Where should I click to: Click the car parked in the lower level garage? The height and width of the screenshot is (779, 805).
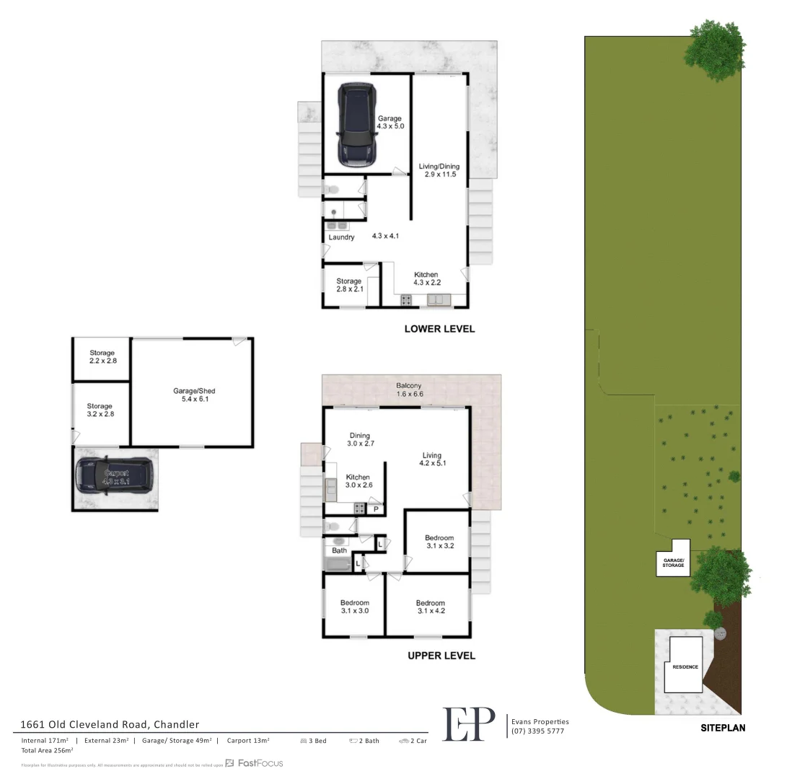pos(356,124)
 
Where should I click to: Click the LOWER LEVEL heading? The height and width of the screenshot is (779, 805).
pos(439,329)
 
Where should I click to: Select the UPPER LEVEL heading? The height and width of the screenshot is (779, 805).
pos(441,656)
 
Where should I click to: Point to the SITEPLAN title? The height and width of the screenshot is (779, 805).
pos(723,728)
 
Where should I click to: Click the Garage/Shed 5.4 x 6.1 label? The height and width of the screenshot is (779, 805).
pos(194,395)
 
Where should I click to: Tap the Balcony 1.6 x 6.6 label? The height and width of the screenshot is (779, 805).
pos(408,389)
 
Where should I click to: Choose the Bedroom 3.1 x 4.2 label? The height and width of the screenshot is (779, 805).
pos(430,607)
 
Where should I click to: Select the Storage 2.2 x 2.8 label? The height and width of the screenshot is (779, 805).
pos(101,357)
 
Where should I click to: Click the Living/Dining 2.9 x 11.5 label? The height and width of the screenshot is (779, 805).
pos(439,171)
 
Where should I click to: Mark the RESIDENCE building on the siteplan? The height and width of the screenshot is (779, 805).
pos(685,666)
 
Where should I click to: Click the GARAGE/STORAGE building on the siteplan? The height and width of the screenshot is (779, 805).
pos(673,561)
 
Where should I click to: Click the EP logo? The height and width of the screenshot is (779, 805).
pos(469,723)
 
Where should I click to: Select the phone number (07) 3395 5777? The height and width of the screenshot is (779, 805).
pos(537,731)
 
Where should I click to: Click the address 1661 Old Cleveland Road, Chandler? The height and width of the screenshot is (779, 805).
pos(110,724)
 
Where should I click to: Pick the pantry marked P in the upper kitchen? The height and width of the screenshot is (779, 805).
pos(375,509)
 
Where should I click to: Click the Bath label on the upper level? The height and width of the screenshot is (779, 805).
pos(339,550)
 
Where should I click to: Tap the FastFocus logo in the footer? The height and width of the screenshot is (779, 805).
pos(254,763)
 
